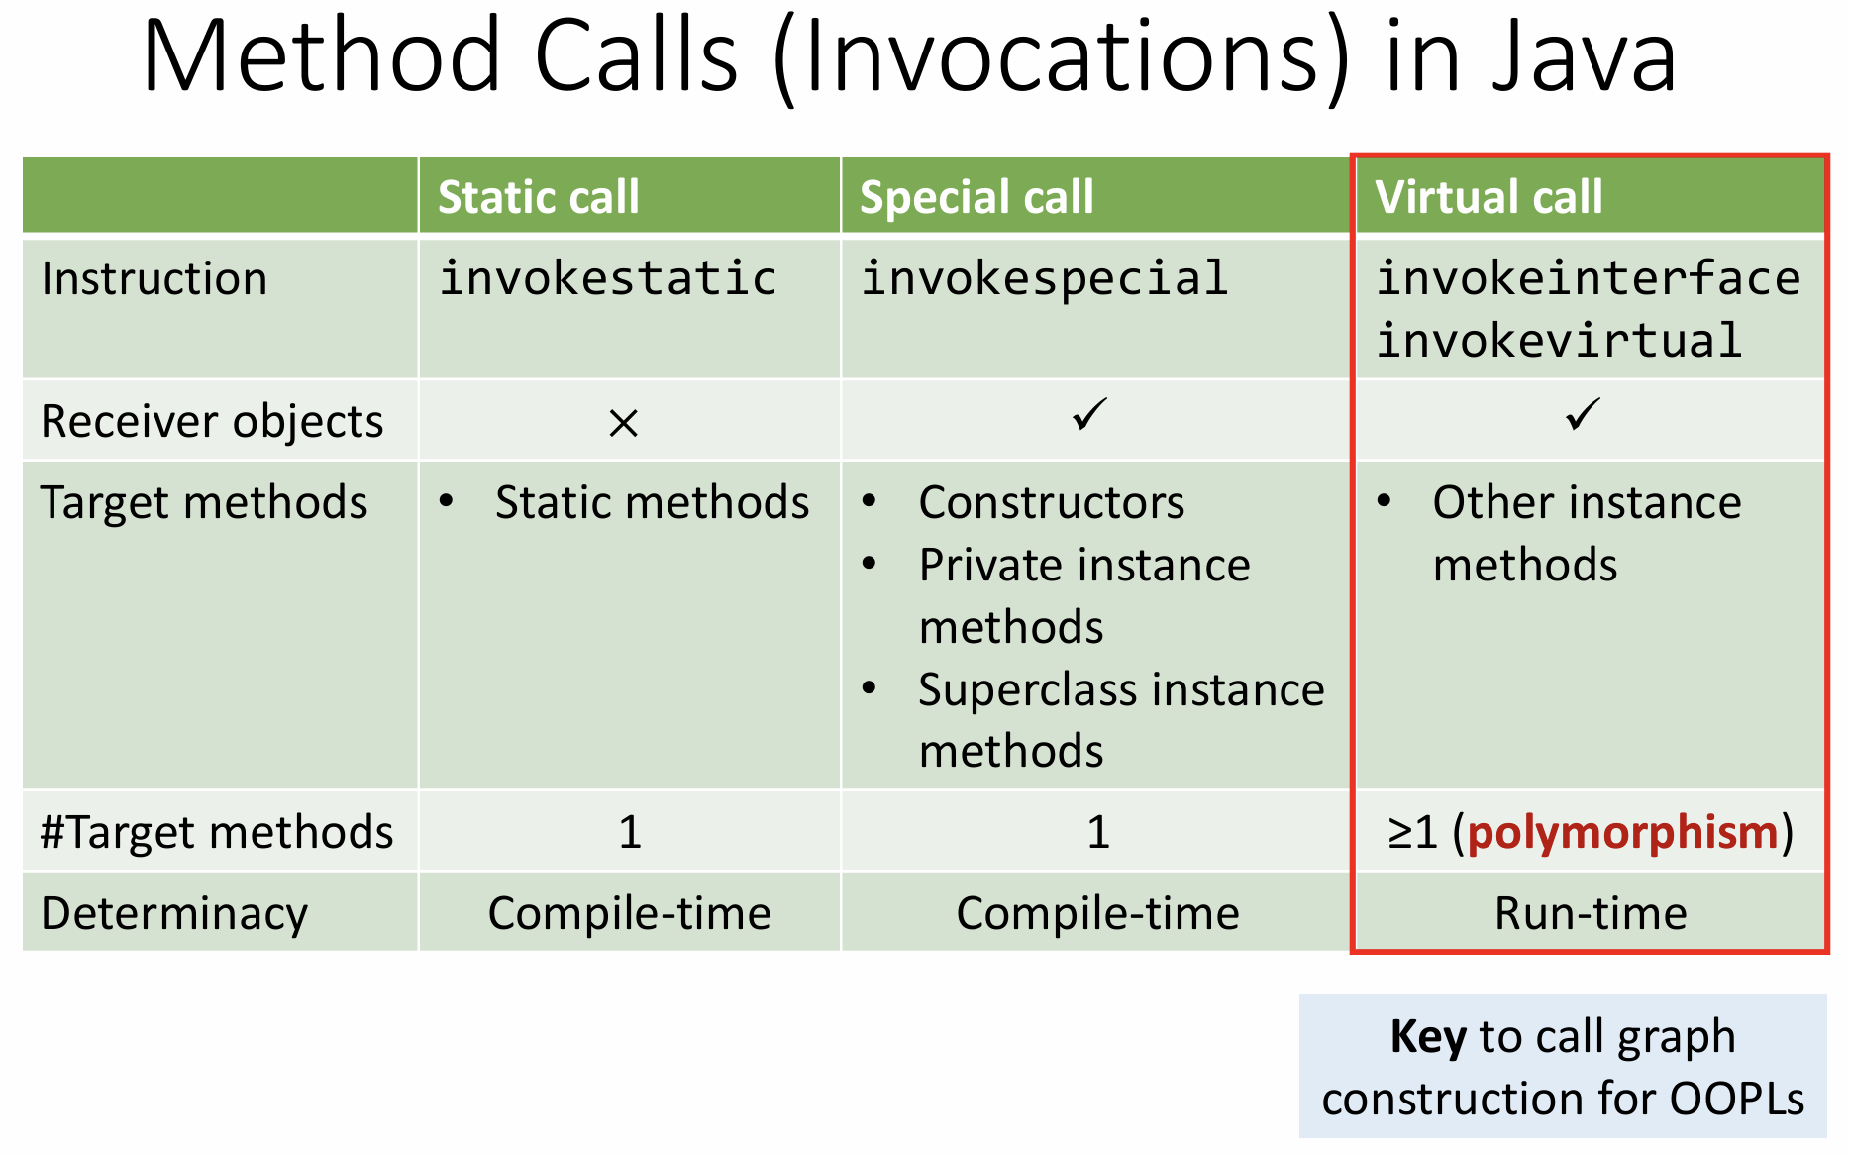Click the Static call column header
pos(539,197)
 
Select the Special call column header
pos(976,197)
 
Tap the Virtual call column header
pos(1489,197)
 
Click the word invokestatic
pos(608,278)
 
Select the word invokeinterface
pos(1589,278)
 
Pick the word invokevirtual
pos(1559,341)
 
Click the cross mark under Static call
pos(623,424)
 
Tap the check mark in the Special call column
pos(1089,414)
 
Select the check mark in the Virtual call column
pos(1584,414)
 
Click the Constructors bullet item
pos(1052,502)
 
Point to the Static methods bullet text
pos(653,502)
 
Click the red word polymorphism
pos(1623,832)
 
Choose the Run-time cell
pos(1591,913)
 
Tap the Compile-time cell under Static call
pos(630,913)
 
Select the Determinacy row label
pos(174,914)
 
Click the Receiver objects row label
pos(212,422)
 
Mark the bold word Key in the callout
pos(1428,1037)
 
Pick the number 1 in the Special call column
pos(1098,832)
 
